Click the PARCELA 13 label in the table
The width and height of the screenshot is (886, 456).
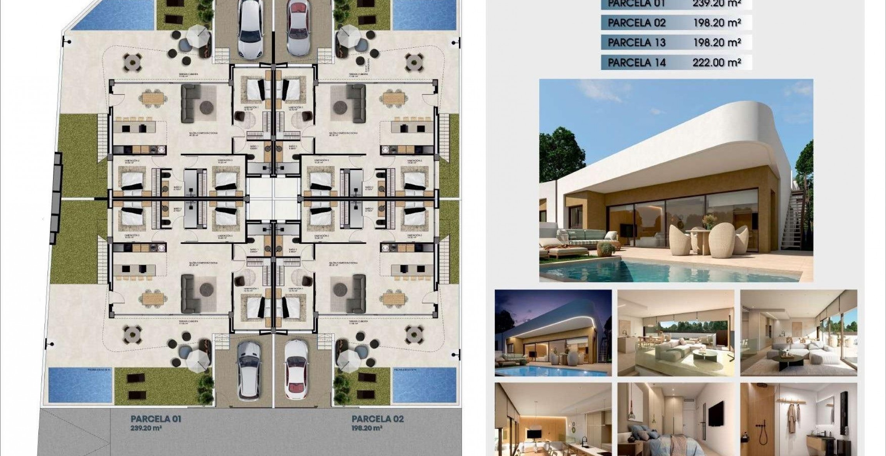click(636, 42)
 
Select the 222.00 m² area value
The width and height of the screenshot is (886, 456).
click(717, 62)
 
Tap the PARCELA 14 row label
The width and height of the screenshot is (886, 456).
click(636, 62)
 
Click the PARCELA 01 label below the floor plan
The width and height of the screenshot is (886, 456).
click(156, 419)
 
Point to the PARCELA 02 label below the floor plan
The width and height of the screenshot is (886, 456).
click(378, 419)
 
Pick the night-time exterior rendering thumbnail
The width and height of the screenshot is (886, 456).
click(553, 332)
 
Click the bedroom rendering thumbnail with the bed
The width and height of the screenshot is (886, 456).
click(676, 419)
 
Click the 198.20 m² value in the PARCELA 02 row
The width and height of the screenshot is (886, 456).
click(717, 23)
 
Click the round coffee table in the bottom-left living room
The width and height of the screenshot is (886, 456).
click(207, 288)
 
